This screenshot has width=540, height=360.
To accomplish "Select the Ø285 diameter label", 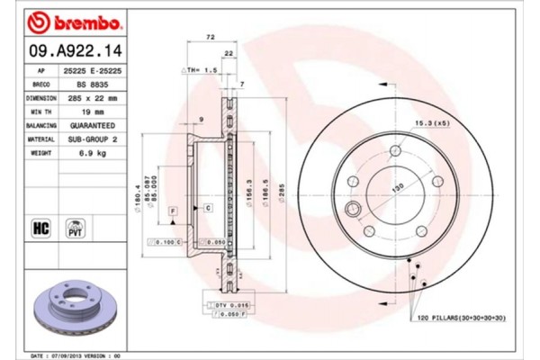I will tap(280, 191).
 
